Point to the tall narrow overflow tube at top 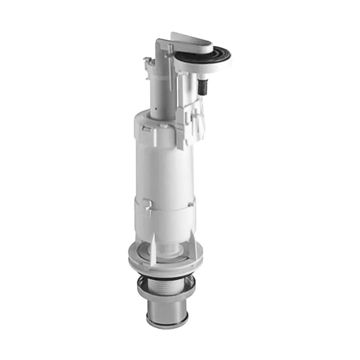pyautogui.click(x=160, y=77)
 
